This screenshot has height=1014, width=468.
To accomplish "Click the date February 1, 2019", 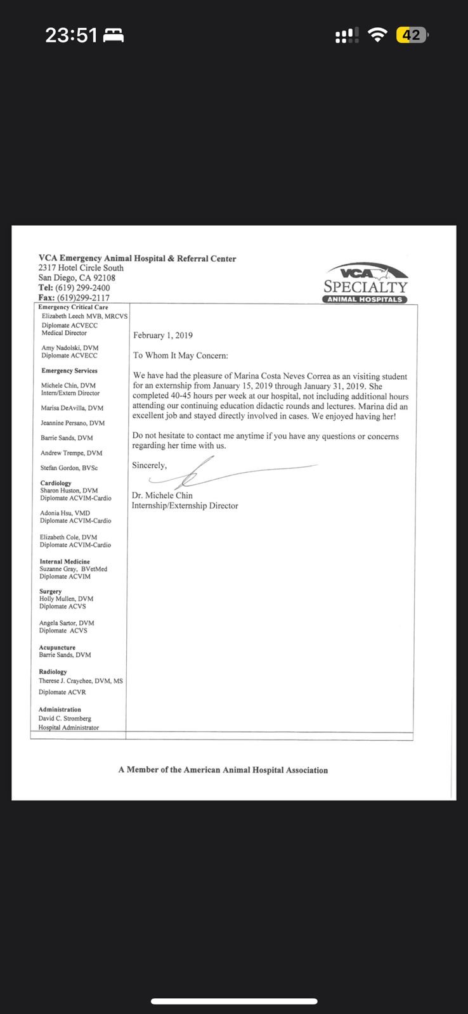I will pyautogui.click(x=163, y=335).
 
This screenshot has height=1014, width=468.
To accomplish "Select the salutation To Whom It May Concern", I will pyautogui.click(x=180, y=356).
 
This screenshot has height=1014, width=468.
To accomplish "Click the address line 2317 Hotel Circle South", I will pyautogui.click(x=81, y=268).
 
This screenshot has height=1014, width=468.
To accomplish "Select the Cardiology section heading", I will pyautogui.click(x=56, y=483).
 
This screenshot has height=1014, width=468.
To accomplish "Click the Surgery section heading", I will pyautogui.click(x=50, y=591).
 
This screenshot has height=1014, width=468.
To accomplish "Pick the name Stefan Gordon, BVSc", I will pyautogui.click(x=69, y=468).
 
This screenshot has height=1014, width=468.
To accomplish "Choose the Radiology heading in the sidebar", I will pyautogui.click(x=53, y=672).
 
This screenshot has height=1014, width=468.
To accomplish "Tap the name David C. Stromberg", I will pyautogui.click(x=65, y=719).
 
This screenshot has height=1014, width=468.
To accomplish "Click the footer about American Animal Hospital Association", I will pyautogui.click(x=223, y=770).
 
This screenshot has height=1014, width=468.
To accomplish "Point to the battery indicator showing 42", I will pyautogui.click(x=412, y=35).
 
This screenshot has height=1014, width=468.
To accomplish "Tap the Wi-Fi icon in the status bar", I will pyautogui.click(x=377, y=35).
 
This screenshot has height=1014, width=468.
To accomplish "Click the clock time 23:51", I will pyautogui.click(x=71, y=35).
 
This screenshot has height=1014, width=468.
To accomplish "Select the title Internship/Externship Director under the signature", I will pyautogui.click(x=185, y=506).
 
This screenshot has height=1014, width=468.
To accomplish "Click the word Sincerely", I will pyautogui.click(x=150, y=465).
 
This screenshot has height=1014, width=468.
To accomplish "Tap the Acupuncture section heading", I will pyautogui.click(x=57, y=648).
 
